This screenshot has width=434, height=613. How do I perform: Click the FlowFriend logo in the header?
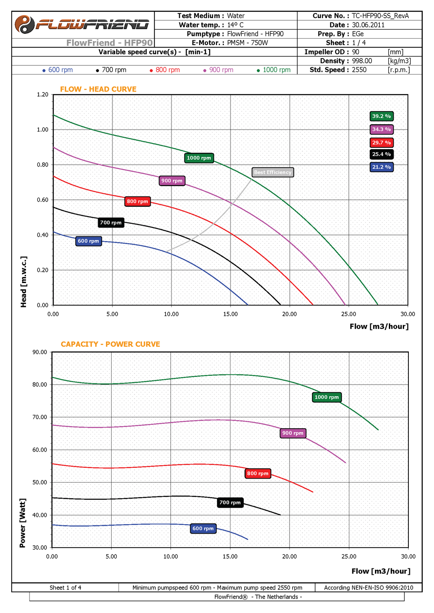pos(82,24)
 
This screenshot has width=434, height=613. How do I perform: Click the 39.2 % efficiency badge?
pos(381,116)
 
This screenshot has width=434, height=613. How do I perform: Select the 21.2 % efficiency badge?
pos(381,167)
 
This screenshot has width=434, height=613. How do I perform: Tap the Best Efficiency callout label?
pos(273,173)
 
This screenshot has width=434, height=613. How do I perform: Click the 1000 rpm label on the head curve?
pos(199,158)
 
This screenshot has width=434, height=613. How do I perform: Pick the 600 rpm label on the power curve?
pos(203,528)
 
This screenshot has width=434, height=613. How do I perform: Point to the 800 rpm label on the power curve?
pos(258,473)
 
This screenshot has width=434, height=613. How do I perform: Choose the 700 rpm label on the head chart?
pos(111,223)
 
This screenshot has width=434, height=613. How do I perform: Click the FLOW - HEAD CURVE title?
pos(98,89)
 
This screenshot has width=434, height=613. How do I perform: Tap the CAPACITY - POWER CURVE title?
pos(110,344)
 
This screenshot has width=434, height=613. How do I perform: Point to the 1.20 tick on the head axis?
pos(43,95)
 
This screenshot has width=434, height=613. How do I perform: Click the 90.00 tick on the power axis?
pos(40,352)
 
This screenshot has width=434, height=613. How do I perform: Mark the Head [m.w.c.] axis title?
pos(24,282)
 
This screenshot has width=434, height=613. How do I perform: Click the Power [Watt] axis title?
pos(23,523)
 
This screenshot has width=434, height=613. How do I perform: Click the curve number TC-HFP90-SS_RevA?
pos(380,16)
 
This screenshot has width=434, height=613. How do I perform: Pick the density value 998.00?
pos(362,61)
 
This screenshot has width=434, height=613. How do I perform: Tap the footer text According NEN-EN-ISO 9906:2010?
pos(369,587)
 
